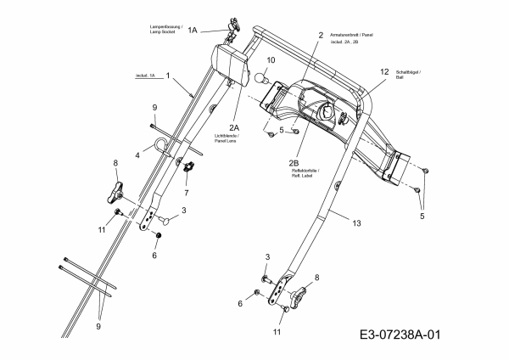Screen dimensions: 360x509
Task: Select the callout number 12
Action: [384, 72]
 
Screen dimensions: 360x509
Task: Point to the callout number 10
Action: [271, 61]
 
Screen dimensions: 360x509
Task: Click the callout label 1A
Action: [193, 30]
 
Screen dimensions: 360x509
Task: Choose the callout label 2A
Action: [233, 127]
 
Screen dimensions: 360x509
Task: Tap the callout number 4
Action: [138, 156]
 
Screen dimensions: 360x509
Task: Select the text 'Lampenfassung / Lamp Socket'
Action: [161, 30]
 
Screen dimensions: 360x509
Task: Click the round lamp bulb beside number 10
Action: [263, 78]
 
